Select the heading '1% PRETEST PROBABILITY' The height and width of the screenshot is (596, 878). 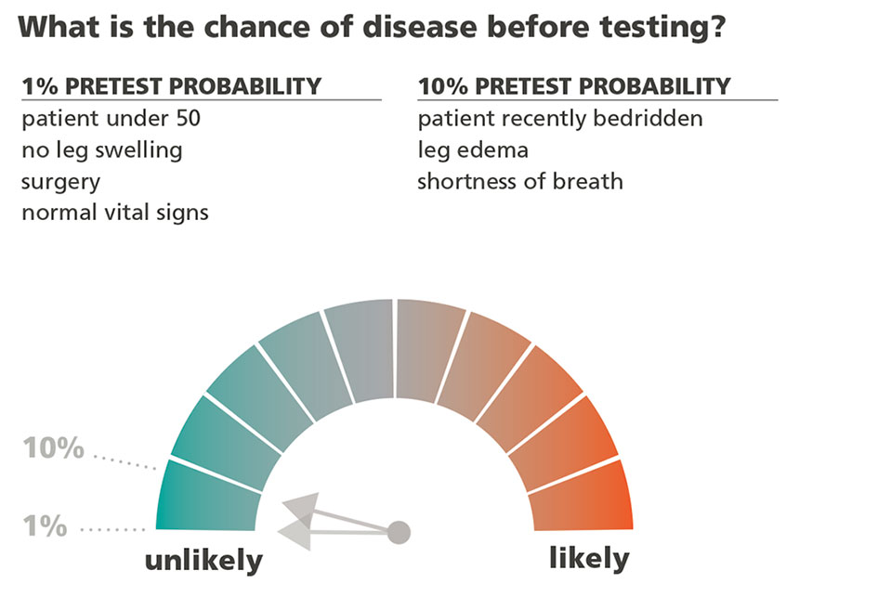(x=171, y=86)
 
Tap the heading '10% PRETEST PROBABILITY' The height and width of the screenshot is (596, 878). (x=574, y=86)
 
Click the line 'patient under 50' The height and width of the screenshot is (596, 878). (x=111, y=119)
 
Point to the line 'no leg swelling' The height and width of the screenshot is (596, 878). (x=101, y=149)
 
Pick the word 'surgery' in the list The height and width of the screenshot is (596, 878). (x=60, y=180)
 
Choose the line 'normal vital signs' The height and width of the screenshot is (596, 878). (x=115, y=212)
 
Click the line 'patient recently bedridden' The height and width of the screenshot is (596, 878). (x=559, y=119)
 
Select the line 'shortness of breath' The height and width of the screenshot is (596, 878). (x=520, y=180)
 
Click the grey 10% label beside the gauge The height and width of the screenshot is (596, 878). (x=54, y=450)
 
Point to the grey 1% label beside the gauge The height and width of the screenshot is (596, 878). (x=46, y=527)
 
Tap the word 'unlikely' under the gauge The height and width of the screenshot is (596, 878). (x=203, y=561)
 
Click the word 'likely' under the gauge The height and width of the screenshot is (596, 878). (x=589, y=559)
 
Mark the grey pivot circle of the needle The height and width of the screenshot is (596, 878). (x=399, y=532)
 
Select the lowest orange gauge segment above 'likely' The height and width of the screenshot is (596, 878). (x=582, y=497)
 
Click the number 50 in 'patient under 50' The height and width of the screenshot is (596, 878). (x=187, y=119)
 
